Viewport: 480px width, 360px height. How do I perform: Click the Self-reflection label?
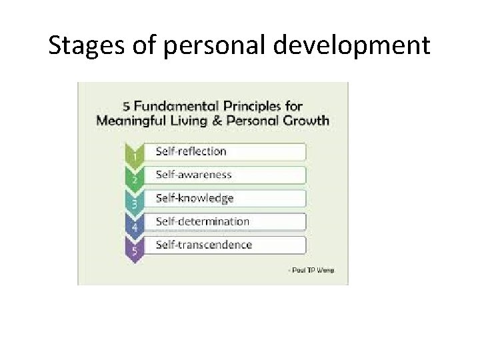(x=191, y=151)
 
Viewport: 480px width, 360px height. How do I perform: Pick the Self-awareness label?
(x=193, y=175)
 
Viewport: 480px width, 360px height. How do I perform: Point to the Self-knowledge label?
(x=195, y=198)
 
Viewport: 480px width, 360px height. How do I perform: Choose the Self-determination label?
(x=202, y=221)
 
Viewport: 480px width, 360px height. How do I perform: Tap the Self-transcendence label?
(x=203, y=245)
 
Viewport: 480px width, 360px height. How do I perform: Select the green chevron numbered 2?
(x=134, y=177)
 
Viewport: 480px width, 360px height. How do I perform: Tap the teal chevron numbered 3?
(x=134, y=201)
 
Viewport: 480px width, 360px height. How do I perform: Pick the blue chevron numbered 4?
(x=134, y=225)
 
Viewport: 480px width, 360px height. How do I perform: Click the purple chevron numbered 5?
(x=134, y=249)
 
